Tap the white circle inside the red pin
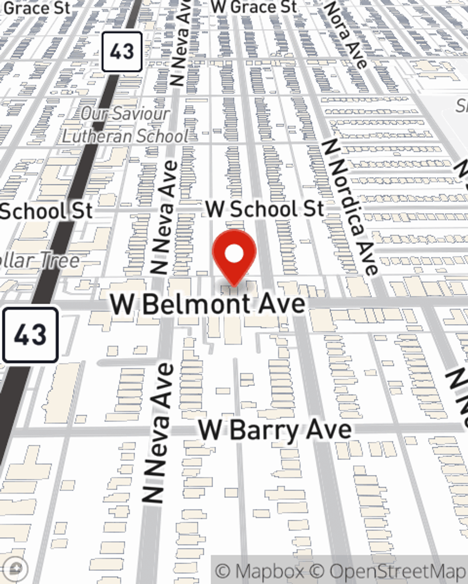click(234, 255)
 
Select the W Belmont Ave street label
click(208, 305)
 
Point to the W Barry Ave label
click(275, 430)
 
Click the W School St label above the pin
click(265, 209)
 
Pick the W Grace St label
click(254, 7)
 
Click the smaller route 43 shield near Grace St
click(122, 51)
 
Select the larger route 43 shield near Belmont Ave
click(30, 335)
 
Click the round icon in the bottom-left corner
click(16, 569)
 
